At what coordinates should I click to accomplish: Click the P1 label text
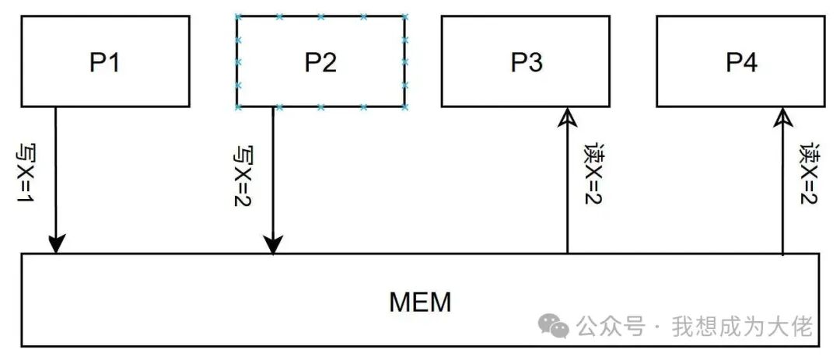[104, 62]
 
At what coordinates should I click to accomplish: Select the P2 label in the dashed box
[320, 62]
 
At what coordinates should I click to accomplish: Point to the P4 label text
[741, 62]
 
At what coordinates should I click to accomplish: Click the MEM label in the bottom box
[420, 302]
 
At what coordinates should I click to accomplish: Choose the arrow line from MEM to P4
[782, 187]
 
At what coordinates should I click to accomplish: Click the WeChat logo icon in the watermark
[555, 326]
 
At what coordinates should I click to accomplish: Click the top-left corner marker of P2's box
[237, 16]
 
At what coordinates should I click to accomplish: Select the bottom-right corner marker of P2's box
[405, 107]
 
